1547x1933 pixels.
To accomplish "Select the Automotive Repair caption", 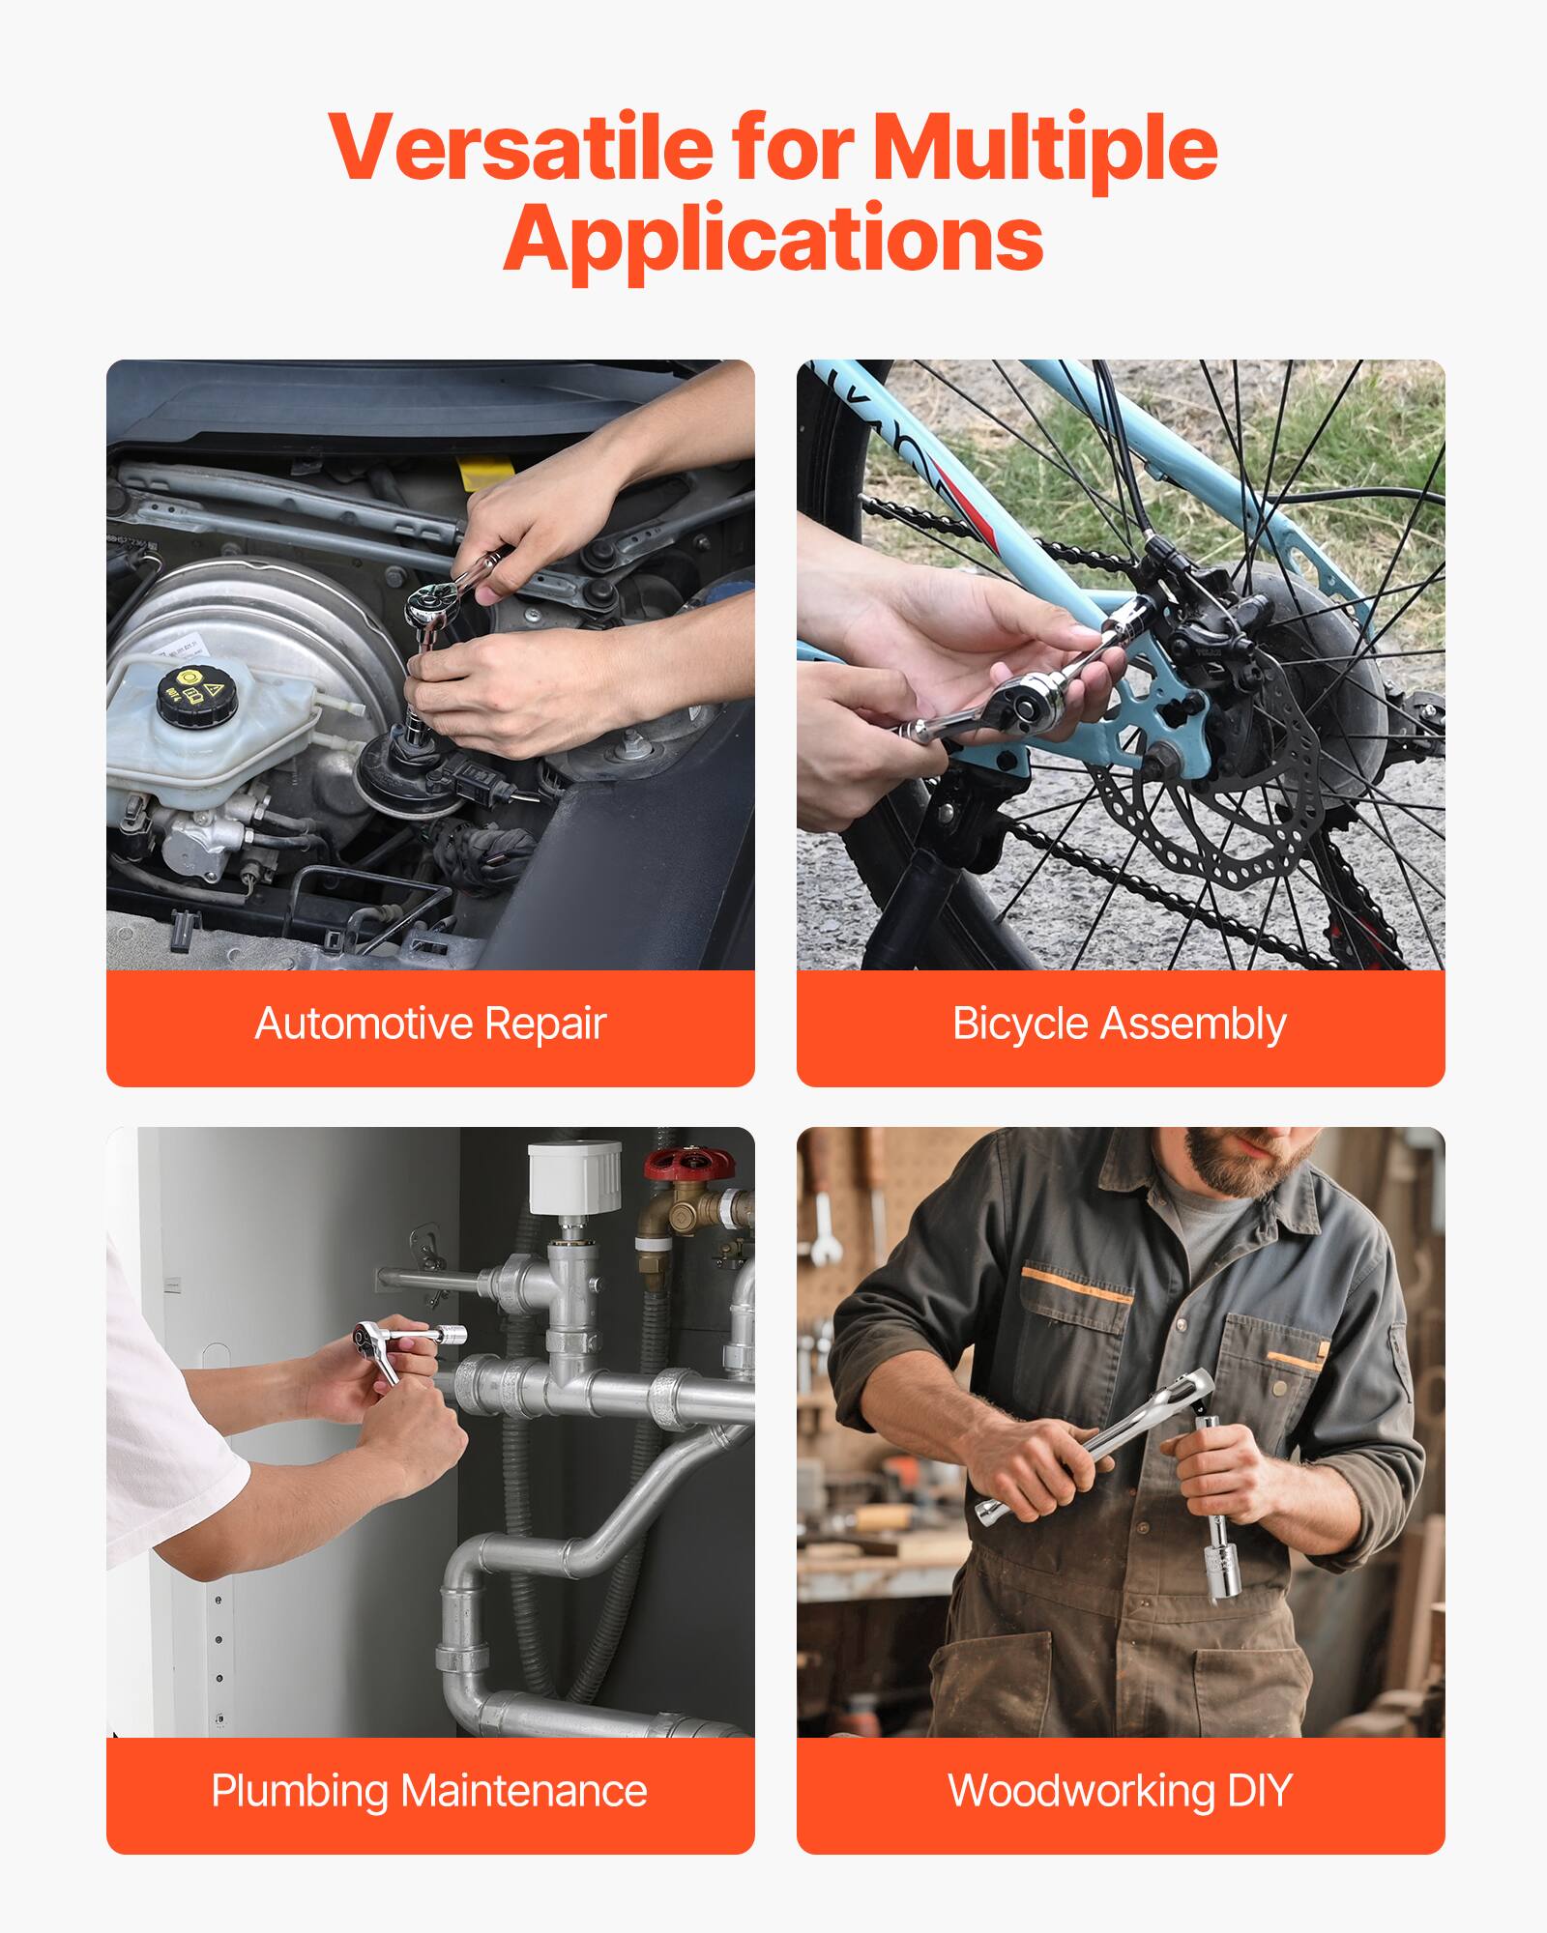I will click(430, 1024).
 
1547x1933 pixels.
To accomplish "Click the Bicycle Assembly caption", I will click(1120, 1024).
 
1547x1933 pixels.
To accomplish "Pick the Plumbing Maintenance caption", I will click(430, 1791).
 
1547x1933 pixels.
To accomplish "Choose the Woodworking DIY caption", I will click(1120, 1791).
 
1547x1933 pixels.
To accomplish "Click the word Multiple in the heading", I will click(1044, 147).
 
